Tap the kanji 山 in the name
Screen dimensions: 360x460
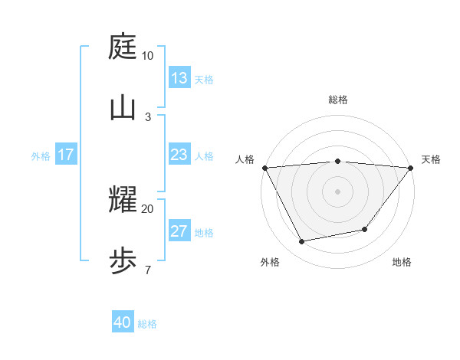[123, 108]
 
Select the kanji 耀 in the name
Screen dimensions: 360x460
[123, 200]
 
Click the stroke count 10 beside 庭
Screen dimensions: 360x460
[147, 56]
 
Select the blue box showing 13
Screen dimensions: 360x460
[179, 78]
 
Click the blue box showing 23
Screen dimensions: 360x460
[179, 155]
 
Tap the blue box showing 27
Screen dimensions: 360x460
[179, 232]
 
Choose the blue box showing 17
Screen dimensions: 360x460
[66, 155]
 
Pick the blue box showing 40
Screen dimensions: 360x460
[123, 322]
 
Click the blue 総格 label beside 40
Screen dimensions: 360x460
[148, 324]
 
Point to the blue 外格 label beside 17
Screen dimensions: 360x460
[41, 156]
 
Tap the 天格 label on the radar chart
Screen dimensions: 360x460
[431, 159]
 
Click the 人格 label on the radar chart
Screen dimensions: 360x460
[245, 159]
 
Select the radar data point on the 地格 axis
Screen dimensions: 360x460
[365, 229]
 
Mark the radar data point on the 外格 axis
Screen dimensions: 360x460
[301, 242]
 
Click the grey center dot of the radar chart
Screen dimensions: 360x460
[337, 191]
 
